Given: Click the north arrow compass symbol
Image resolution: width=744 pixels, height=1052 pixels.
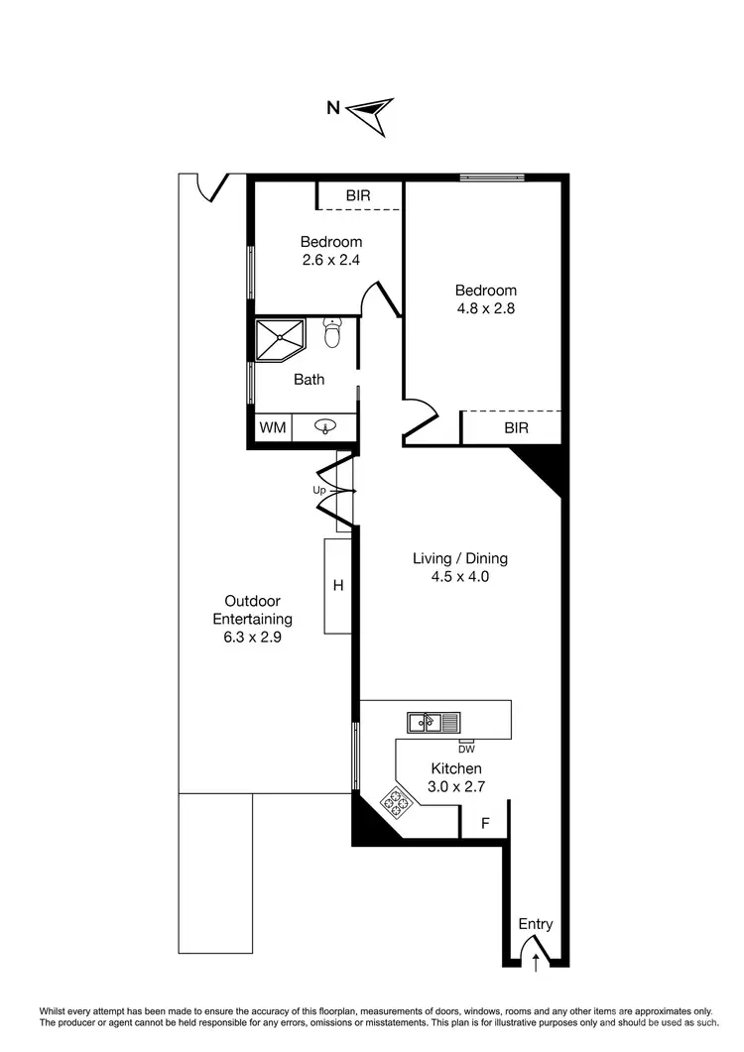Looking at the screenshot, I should pos(374,113).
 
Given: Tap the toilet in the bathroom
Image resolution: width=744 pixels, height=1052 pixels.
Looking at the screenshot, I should pos(332,333).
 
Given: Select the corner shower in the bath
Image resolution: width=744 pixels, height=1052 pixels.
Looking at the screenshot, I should pos(281,340).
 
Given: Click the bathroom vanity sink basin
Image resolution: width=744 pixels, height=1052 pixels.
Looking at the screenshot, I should pos(325,427).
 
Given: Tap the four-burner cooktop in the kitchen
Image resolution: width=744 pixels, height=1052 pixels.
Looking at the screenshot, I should pos(399,801).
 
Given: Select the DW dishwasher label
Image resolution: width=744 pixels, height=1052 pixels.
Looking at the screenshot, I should pos(466,749).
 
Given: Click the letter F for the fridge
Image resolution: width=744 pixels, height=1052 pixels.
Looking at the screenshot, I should pos(486,823).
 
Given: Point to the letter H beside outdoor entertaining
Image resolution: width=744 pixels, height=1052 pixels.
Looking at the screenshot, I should pos(337,586).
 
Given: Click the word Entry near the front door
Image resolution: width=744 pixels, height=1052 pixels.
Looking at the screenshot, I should pos(536,924).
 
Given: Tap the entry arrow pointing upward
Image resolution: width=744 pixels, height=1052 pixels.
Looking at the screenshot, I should pos(537,960).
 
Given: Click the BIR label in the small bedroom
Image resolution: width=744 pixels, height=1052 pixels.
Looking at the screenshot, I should pos(358,195).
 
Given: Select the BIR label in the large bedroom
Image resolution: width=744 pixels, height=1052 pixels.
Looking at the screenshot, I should pos(516,427).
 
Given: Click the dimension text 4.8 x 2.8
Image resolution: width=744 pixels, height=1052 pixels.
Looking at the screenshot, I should pos(486,307).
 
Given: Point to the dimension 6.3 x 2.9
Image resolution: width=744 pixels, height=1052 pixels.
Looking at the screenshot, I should pos(252,638).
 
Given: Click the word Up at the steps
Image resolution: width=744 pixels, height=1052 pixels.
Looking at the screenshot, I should pos(319,491).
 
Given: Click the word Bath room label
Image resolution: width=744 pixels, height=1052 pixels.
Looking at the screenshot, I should pos(309,379).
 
